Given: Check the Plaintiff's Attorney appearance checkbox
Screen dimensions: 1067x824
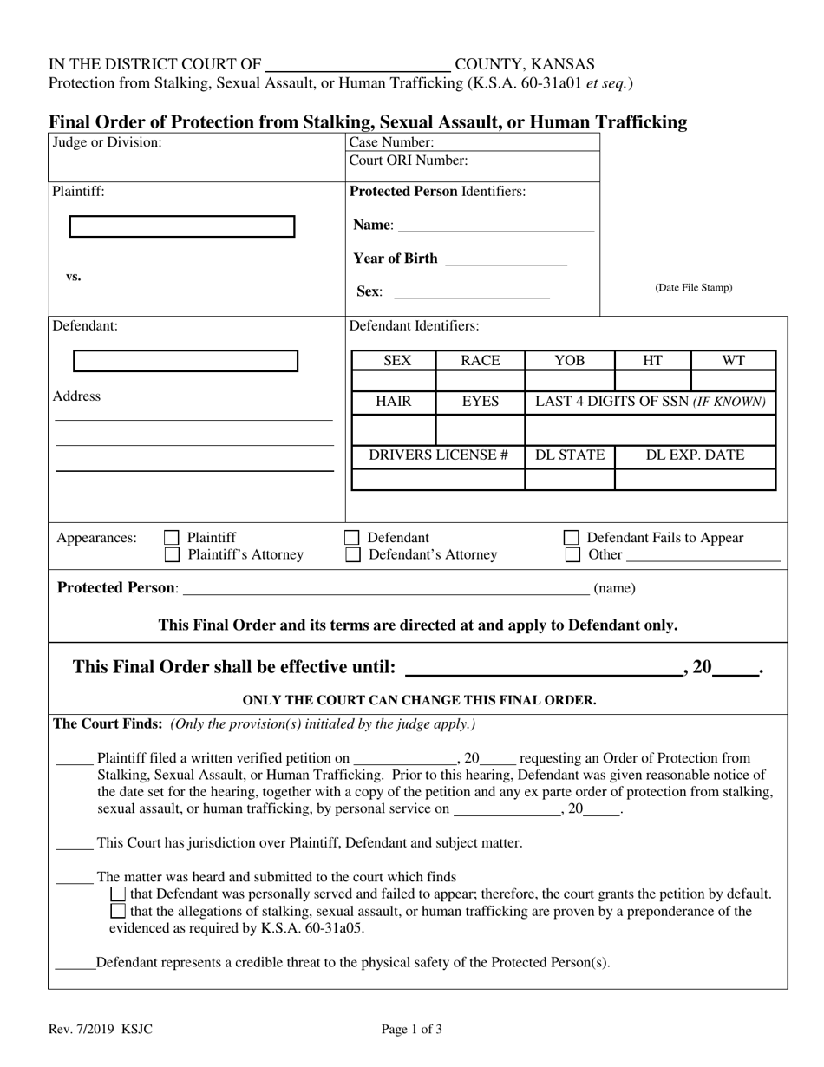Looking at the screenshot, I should (172, 554).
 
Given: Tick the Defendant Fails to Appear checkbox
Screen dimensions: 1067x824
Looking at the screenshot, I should (572, 538).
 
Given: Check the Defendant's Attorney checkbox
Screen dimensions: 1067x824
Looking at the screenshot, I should (352, 554).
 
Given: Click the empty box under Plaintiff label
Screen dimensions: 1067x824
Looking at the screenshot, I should (181, 226).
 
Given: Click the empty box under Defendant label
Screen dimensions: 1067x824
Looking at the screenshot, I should (186, 361).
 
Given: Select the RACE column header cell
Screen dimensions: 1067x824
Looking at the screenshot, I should (480, 361).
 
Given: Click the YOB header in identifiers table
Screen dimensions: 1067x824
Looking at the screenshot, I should (569, 361).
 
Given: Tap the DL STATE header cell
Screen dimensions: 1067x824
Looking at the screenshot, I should (569, 455).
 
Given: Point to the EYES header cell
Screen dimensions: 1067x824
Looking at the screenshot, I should (480, 403).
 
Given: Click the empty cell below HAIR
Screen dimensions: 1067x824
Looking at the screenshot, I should (394, 430).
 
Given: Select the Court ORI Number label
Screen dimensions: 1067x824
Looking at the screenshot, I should (408, 160).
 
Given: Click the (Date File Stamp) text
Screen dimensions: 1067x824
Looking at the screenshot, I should (693, 288).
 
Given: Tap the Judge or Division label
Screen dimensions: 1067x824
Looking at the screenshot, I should (107, 142).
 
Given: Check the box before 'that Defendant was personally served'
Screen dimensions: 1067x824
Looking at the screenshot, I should (118, 894).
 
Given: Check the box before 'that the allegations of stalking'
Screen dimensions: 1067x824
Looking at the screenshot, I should (118, 912).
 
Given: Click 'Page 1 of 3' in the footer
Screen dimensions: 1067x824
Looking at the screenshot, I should (412, 1031).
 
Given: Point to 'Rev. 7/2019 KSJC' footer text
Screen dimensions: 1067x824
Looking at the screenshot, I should (101, 1031).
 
